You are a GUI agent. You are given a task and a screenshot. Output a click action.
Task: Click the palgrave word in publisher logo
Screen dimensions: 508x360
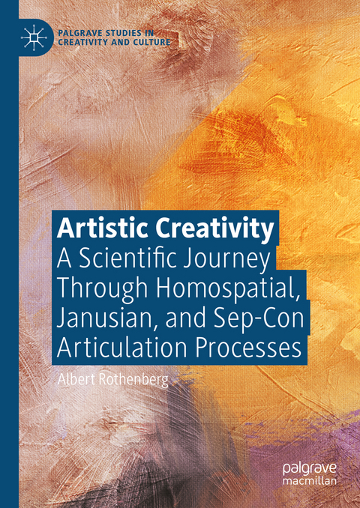point(308,468)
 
